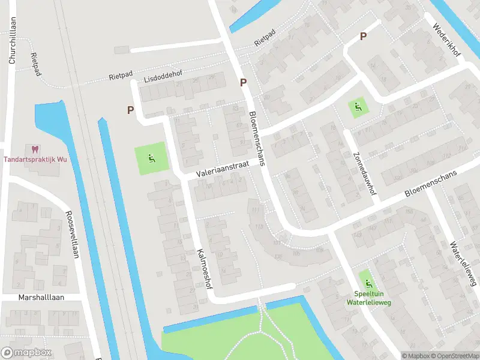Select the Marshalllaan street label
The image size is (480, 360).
pos(41,297)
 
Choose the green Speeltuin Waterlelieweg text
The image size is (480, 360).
pos(368,299)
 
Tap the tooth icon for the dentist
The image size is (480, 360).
pos(34,148)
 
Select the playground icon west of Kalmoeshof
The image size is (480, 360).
pos(151,159)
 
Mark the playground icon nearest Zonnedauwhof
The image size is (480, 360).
pos(358,107)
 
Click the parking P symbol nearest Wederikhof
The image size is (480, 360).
pos(363,36)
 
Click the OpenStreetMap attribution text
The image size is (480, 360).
pos(454,356)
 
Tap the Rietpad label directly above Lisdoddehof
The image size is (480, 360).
pos(121,76)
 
